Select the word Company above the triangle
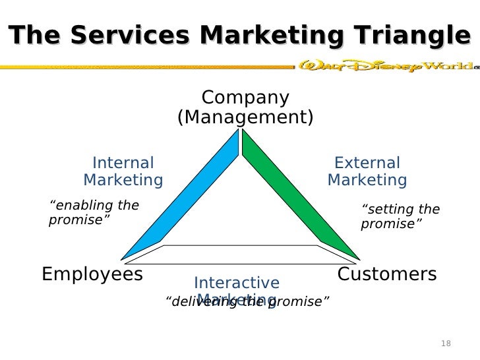click(x=245, y=98)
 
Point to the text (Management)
click(x=245, y=118)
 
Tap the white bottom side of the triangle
click(x=240, y=253)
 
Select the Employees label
click(x=92, y=274)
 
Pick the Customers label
click(x=387, y=274)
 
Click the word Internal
click(x=123, y=163)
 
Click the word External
click(x=367, y=163)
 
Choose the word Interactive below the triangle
click(x=237, y=284)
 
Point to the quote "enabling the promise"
click(x=94, y=212)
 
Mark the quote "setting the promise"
click(x=400, y=217)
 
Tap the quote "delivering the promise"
click(x=246, y=303)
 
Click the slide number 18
click(x=446, y=344)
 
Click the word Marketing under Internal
click(x=123, y=180)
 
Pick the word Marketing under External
click(x=367, y=180)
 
